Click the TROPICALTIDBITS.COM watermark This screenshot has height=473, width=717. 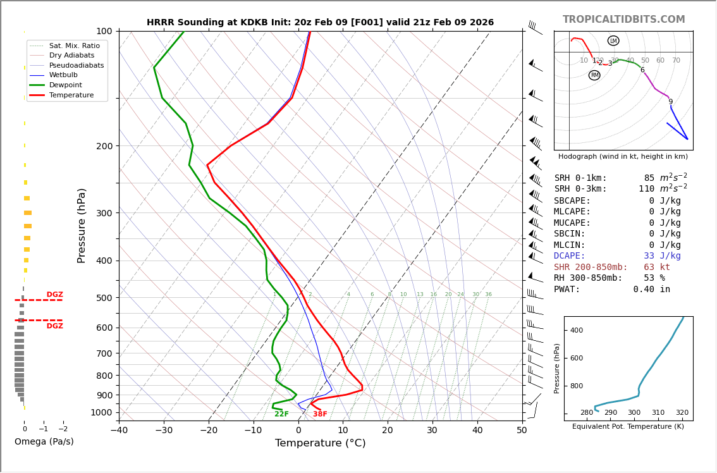tap(623, 20)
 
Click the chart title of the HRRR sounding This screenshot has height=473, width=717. tap(320, 23)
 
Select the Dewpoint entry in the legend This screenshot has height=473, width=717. tap(66, 85)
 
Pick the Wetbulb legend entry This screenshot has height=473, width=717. tap(63, 75)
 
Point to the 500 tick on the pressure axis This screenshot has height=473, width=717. tap(104, 298)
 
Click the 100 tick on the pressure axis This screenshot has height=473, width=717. tap(104, 31)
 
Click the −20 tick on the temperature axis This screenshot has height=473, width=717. tap(209, 431)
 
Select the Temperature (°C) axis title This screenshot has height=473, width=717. tap(320, 444)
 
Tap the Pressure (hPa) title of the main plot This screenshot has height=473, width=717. tap(82, 225)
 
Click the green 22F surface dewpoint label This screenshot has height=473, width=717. tap(281, 414)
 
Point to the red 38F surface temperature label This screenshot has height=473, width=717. tap(320, 414)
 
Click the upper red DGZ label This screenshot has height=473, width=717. tap(55, 295)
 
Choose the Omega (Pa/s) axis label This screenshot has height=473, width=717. tap(44, 442)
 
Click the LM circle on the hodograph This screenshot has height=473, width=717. tap(613, 40)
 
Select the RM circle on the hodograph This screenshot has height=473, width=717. tap(594, 75)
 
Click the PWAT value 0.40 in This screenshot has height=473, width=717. tap(651, 290)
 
